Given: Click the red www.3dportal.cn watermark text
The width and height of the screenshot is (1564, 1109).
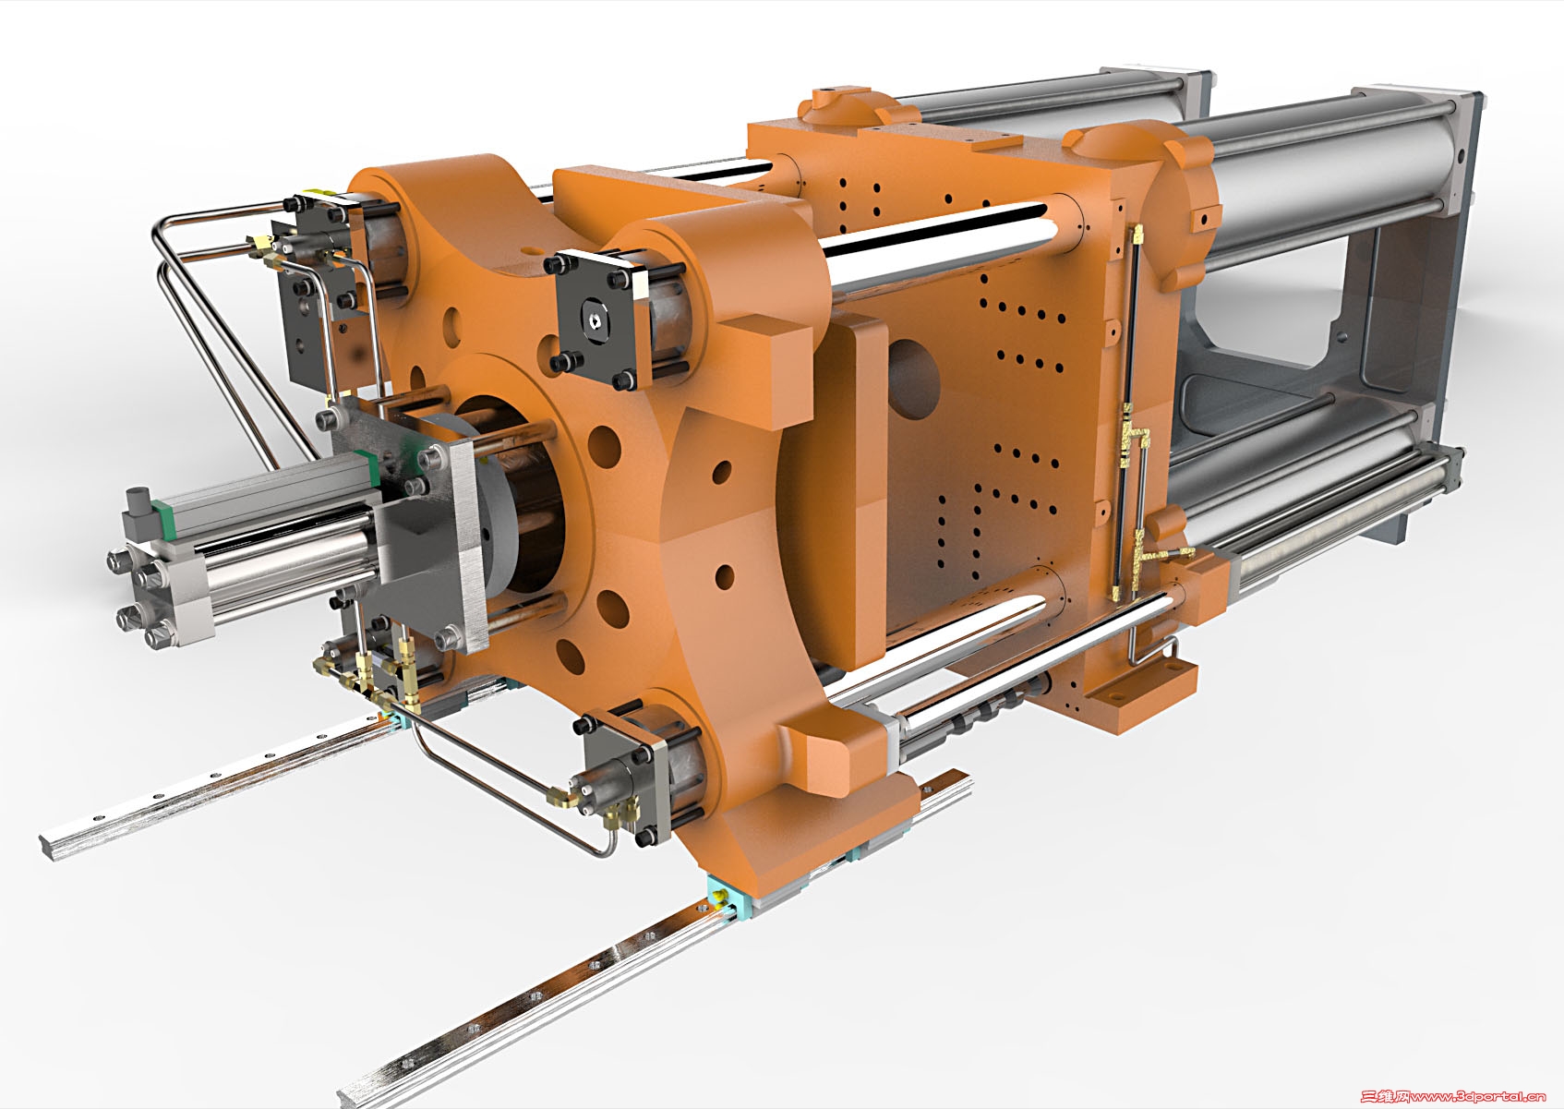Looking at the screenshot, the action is tap(1451, 1096).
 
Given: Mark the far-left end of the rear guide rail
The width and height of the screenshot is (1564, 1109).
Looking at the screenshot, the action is tap(50, 846).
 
